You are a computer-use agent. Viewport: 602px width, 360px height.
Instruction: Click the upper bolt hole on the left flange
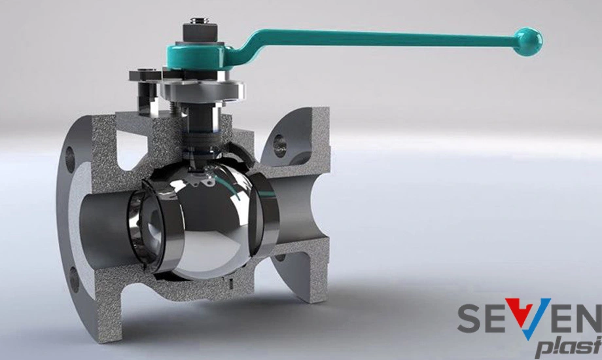(70, 158)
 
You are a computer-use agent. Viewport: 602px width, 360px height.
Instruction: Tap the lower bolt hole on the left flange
(74, 279)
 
